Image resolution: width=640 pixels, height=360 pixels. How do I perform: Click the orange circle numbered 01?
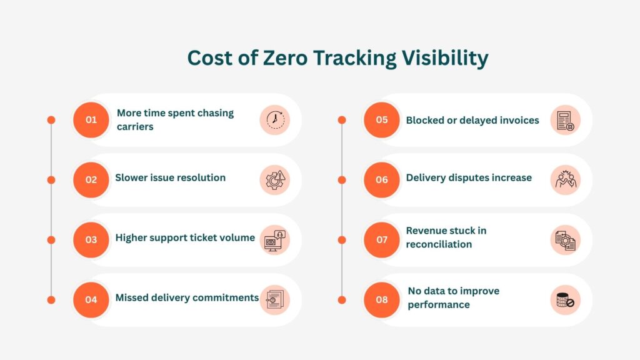91,120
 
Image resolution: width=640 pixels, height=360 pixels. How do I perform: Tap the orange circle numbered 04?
91,299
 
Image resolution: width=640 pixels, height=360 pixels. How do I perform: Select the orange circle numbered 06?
381,179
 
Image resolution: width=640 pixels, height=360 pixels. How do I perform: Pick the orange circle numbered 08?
381,299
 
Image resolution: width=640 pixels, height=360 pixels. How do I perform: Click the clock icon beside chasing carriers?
275,120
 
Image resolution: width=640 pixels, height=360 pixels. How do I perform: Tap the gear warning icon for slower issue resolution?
275,180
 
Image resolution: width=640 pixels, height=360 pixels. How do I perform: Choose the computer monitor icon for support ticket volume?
275,240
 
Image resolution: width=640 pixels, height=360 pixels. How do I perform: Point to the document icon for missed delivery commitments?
275,299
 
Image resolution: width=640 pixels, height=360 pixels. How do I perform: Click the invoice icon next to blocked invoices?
566,120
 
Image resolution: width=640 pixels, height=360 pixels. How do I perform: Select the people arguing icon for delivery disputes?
566,180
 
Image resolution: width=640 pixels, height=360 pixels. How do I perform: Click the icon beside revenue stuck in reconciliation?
566,240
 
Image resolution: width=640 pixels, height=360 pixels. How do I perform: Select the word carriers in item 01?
135,127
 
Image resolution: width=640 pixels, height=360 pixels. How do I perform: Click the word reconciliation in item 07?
439,244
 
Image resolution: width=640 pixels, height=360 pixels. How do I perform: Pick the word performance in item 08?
439,304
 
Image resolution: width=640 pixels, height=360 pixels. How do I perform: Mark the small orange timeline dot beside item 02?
51,180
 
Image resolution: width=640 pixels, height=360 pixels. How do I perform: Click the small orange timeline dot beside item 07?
342,240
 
